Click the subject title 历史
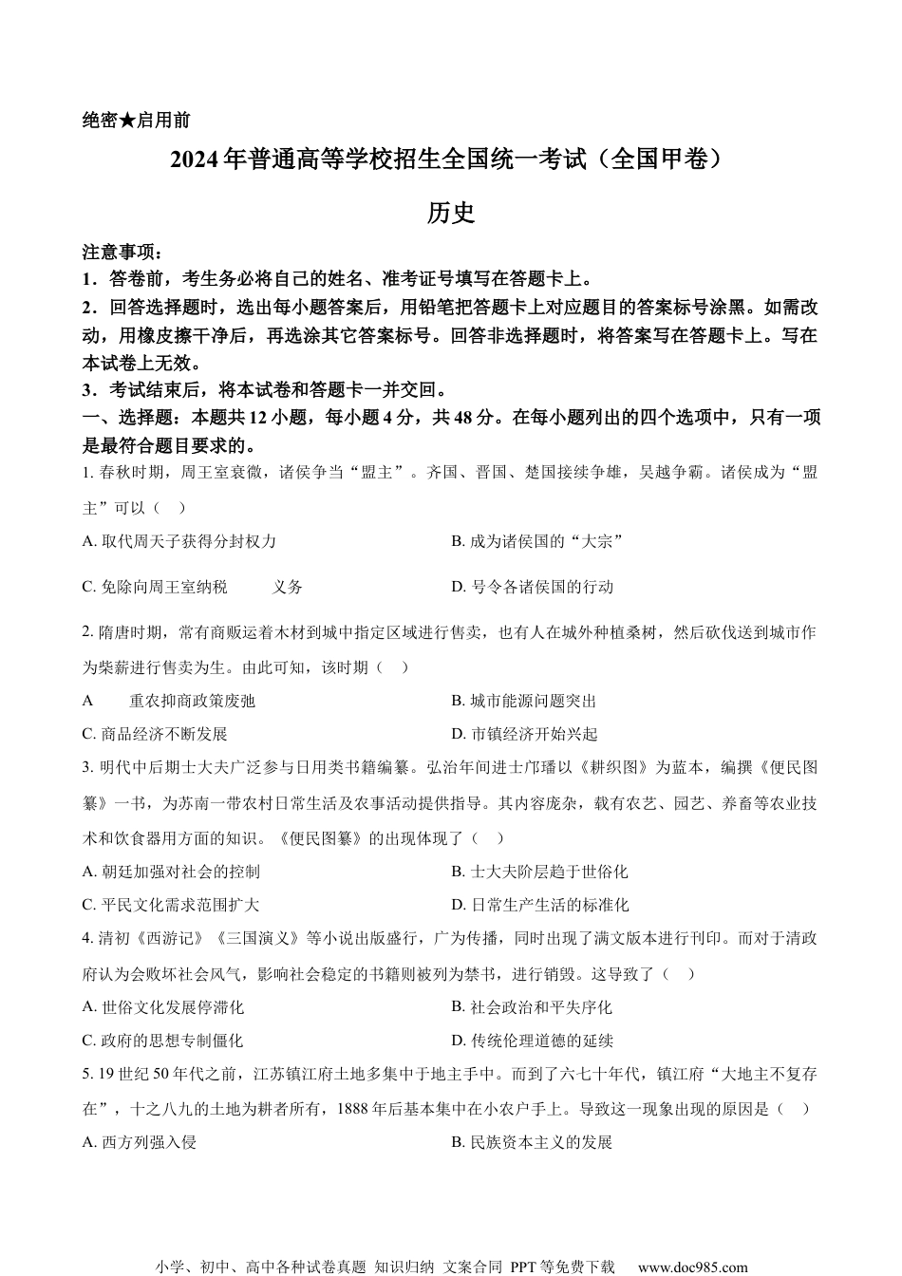click(x=451, y=213)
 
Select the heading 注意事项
click(x=122, y=253)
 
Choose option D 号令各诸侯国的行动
click(x=533, y=587)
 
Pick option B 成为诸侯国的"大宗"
click(x=536, y=541)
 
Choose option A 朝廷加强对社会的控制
click(x=171, y=872)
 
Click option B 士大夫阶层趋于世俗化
click(x=540, y=872)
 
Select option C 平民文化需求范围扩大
click(x=171, y=905)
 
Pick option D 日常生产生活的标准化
click(x=540, y=905)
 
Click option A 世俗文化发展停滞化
click(x=163, y=1007)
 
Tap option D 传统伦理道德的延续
click(x=533, y=1041)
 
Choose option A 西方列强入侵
click(x=140, y=1142)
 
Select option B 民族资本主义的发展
click(x=533, y=1142)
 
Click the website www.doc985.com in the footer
click(x=693, y=1267)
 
